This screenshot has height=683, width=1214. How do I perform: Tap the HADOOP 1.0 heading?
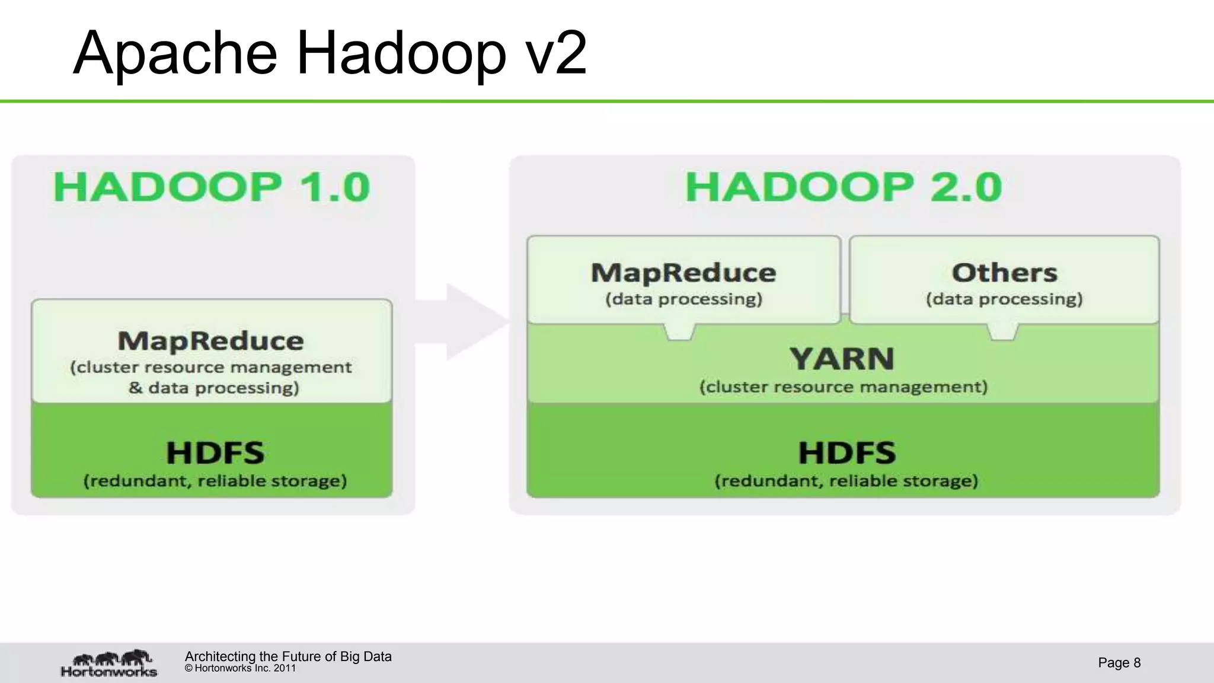[212, 187]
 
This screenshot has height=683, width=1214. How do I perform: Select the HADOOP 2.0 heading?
[844, 187]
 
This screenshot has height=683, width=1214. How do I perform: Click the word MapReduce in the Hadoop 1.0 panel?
[210, 341]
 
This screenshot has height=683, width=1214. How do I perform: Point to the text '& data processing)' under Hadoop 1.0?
[213, 388]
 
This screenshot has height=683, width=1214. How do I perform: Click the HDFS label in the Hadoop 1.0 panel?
[215, 453]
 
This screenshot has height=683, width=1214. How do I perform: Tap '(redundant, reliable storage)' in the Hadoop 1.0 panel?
[215, 480]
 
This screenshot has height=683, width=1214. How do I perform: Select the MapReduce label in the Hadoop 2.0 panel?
[683, 273]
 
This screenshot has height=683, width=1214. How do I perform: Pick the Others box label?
[1004, 273]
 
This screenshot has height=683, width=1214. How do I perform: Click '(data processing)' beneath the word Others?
[1004, 299]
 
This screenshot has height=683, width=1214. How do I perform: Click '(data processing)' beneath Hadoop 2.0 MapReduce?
[683, 299]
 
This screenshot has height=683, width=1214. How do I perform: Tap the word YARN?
[842, 359]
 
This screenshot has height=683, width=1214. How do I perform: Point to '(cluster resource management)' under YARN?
[844, 387]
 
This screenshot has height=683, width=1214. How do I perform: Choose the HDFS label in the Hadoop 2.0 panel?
[846, 453]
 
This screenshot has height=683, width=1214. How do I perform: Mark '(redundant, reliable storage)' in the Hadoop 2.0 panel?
[846, 480]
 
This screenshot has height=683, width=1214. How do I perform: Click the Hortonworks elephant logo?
[110, 663]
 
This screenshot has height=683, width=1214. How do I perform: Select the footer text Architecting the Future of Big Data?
[288, 656]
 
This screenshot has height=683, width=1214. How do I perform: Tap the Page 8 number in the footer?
[1119, 662]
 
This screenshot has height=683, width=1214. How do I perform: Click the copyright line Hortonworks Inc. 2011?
[241, 668]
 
